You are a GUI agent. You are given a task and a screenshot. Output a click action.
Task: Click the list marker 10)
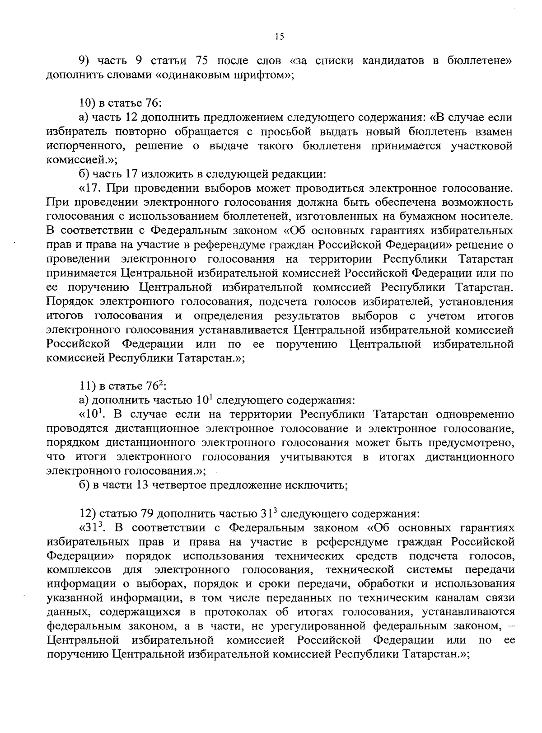[86, 103]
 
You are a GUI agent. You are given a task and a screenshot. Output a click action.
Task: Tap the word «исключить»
[315, 485]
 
